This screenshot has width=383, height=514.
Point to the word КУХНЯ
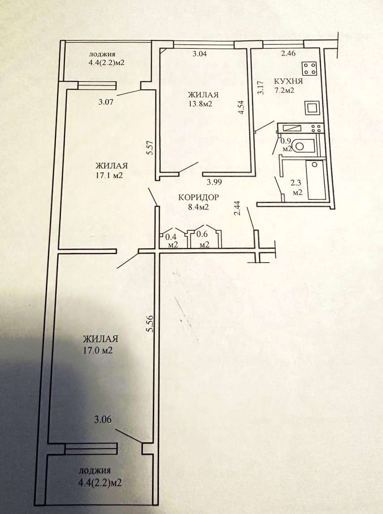pyautogui.click(x=288, y=81)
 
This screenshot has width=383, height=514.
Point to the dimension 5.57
pyautogui.click(x=150, y=148)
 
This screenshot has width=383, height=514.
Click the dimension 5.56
pyautogui.click(x=151, y=324)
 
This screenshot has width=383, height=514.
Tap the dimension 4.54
pyautogui.click(x=241, y=107)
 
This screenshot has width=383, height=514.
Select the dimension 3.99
pyautogui.click(x=214, y=181)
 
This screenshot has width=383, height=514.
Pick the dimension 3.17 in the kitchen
pyautogui.click(x=260, y=87)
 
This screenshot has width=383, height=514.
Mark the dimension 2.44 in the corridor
pyautogui.click(x=238, y=208)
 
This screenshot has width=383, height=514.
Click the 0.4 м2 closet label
pyautogui.click(x=172, y=240)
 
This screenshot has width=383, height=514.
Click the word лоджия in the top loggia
pyautogui.click(x=102, y=55)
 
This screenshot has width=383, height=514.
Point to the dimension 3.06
pyautogui.click(x=103, y=419)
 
